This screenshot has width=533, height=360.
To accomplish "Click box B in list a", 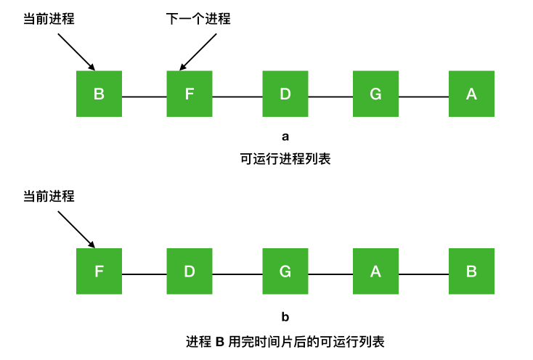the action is (x=99, y=94).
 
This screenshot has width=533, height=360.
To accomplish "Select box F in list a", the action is (x=190, y=94).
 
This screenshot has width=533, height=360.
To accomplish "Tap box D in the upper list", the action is (x=285, y=94).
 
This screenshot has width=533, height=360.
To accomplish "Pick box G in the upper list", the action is (x=375, y=94).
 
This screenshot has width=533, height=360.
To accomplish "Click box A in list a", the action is (x=471, y=94).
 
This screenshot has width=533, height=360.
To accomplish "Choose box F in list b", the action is (x=99, y=271).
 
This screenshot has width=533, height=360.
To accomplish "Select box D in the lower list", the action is (x=190, y=271).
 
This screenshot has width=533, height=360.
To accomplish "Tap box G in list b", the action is (x=285, y=271).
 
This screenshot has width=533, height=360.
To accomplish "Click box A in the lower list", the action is (x=375, y=271).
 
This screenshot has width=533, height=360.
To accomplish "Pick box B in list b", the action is (x=471, y=271).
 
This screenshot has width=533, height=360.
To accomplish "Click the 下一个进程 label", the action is (x=198, y=19).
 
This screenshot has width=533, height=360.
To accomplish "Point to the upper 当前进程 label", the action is (x=49, y=19).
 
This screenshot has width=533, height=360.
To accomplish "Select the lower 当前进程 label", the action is (x=49, y=196).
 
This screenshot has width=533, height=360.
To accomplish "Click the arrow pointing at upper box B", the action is (x=76, y=52).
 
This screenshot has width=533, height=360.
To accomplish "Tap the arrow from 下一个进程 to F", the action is (x=198, y=52).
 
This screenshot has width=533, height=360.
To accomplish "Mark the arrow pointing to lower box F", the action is (x=76, y=229).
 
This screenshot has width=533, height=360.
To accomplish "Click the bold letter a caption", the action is (x=285, y=136).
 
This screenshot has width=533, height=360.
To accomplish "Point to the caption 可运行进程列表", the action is (x=285, y=159).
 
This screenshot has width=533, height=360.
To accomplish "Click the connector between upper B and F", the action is (x=144, y=97).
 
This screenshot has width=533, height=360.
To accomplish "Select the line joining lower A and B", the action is (x=423, y=274).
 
